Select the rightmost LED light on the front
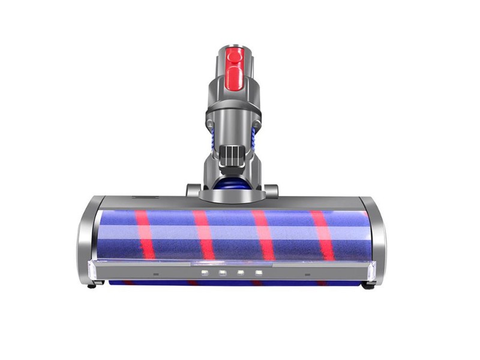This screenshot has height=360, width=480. click(x=259, y=273)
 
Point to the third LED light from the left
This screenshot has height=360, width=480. click(x=241, y=273)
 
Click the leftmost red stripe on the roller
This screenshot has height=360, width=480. click(x=145, y=234)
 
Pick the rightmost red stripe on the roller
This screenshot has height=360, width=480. click(x=322, y=234)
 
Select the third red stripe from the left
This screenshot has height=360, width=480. click(x=263, y=234)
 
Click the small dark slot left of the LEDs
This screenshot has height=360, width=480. click(x=155, y=274)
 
